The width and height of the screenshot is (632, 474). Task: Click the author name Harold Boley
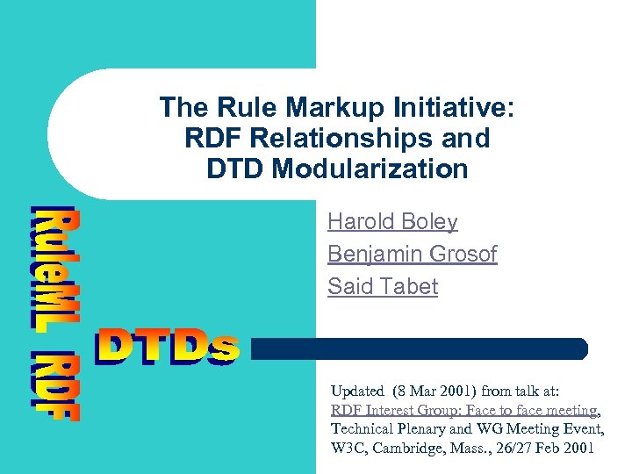coord(392,223)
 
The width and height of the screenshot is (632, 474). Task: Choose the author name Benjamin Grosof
coord(412,255)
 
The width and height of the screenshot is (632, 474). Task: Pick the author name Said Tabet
coord(382,286)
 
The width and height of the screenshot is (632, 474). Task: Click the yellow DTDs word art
coord(167,346)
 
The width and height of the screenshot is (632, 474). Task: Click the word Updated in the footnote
coord(357,391)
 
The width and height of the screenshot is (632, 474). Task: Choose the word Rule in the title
coord(205,109)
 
